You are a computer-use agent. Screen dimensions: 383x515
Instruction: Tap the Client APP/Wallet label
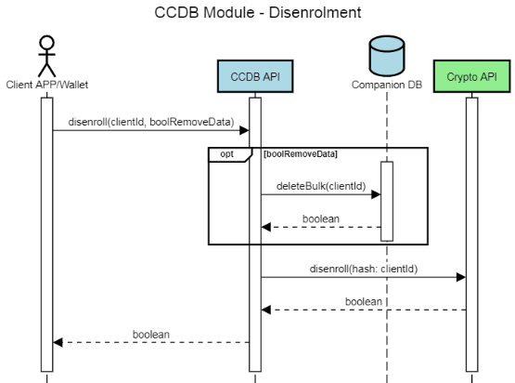[x=45, y=85]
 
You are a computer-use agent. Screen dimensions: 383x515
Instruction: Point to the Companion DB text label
[x=386, y=85]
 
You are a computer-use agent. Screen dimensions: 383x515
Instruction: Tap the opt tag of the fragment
[x=226, y=153]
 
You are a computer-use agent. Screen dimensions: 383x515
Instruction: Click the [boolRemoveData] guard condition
[x=300, y=153]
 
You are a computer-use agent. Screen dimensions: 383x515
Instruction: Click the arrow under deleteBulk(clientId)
[x=320, y=194]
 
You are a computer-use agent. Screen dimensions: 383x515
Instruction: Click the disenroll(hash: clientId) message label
[x=364, y=268]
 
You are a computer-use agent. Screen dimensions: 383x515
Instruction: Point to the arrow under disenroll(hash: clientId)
[x=362, y=276]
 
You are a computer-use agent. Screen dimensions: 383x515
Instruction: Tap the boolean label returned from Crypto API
[x=364, y=301]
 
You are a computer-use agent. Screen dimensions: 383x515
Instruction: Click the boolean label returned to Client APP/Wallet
[x=151, y=333]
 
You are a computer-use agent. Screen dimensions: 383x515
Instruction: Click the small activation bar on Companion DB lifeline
[x=387, y=201]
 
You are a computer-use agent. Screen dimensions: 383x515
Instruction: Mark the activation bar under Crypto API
[x=470, y=232]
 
